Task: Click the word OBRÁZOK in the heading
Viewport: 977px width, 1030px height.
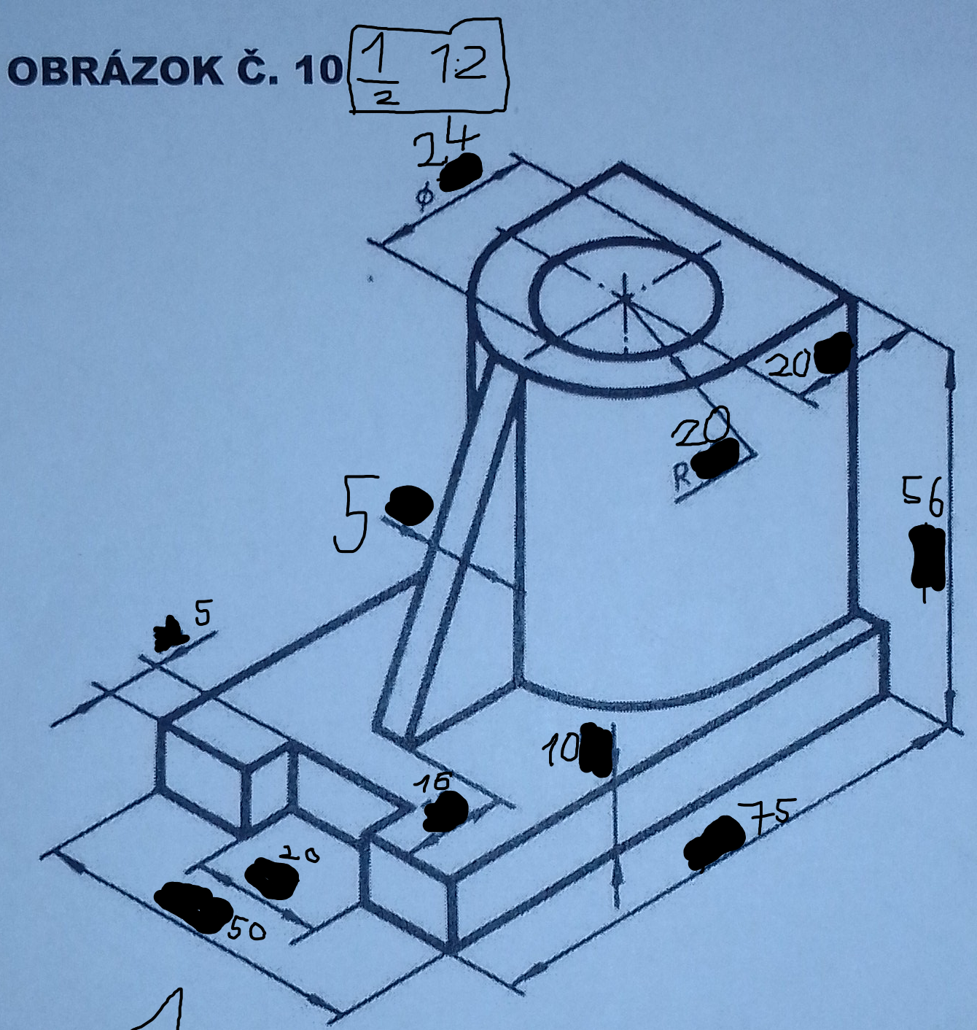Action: (x=115, y=71)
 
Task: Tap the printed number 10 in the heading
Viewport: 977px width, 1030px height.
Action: (x=318, y=71)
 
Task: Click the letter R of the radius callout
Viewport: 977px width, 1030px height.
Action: (x=682, y=476)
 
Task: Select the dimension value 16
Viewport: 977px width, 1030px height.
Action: (x=433, y=782)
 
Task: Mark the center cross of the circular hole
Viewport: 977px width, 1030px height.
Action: (x=625, y=295)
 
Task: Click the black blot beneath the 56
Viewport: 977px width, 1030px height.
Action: (x=927, y=558)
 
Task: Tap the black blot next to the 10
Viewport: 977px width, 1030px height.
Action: (x=596, y=750)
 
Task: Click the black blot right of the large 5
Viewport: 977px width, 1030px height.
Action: (x=409, y=505)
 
